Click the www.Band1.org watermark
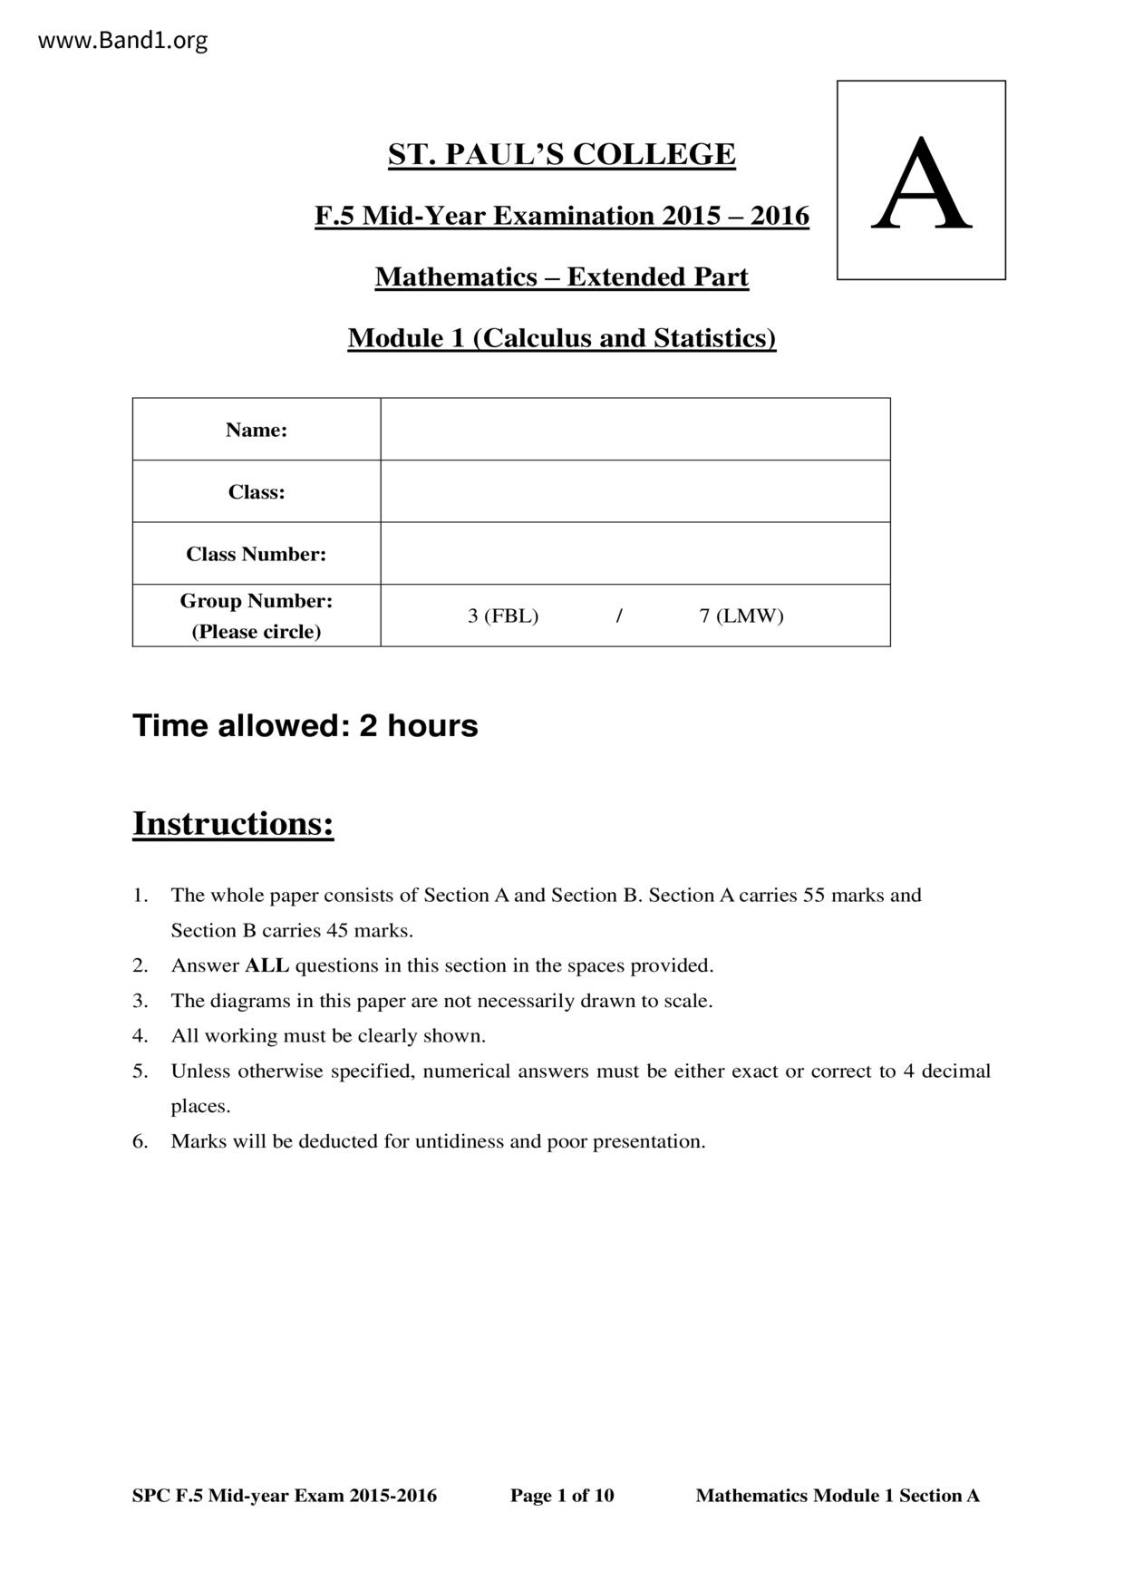point(123,41)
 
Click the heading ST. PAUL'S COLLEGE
point(561,155)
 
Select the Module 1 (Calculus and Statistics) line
point(561,338)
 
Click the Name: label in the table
point(257,430)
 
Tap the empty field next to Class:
point(635,491)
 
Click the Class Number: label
point(257,554)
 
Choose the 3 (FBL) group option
point(503,616)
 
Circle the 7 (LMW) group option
point(741,616)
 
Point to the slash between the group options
point(619,616)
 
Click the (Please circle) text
point(257,632)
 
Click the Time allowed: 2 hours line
point(305,726)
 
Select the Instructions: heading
point(233,823)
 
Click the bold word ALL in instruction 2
point(266,965)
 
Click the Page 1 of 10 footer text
point(562,1496)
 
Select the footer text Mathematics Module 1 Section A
point(838,1496)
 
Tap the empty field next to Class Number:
point(635,554)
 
